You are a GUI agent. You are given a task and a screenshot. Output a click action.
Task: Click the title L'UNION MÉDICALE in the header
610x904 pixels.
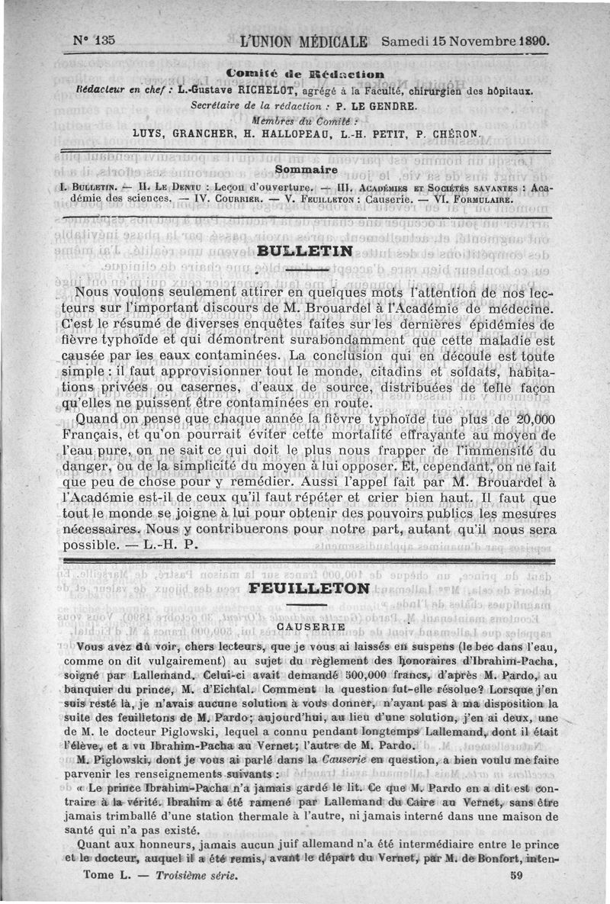point(303,41)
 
